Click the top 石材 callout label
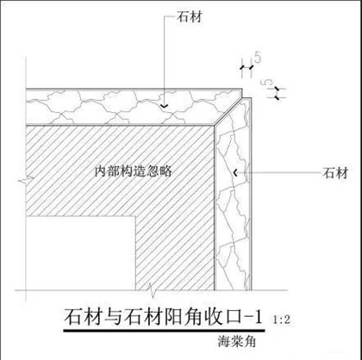190,17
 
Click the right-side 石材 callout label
335,173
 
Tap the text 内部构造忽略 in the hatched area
134,171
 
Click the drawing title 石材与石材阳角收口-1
163,317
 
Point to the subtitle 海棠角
236,342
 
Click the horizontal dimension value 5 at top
258,58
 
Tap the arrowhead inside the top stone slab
164,106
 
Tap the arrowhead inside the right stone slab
235,173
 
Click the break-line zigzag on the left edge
26,180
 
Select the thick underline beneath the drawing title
164,331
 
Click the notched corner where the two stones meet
242,97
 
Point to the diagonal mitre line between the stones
228,111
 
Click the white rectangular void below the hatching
80,253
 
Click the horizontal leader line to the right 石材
279,173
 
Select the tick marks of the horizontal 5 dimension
247,67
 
